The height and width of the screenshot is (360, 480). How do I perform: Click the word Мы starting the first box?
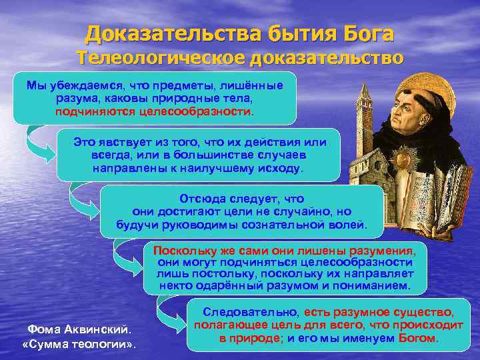coord(35,85)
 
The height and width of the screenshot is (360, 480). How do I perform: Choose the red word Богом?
coord(418,338)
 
